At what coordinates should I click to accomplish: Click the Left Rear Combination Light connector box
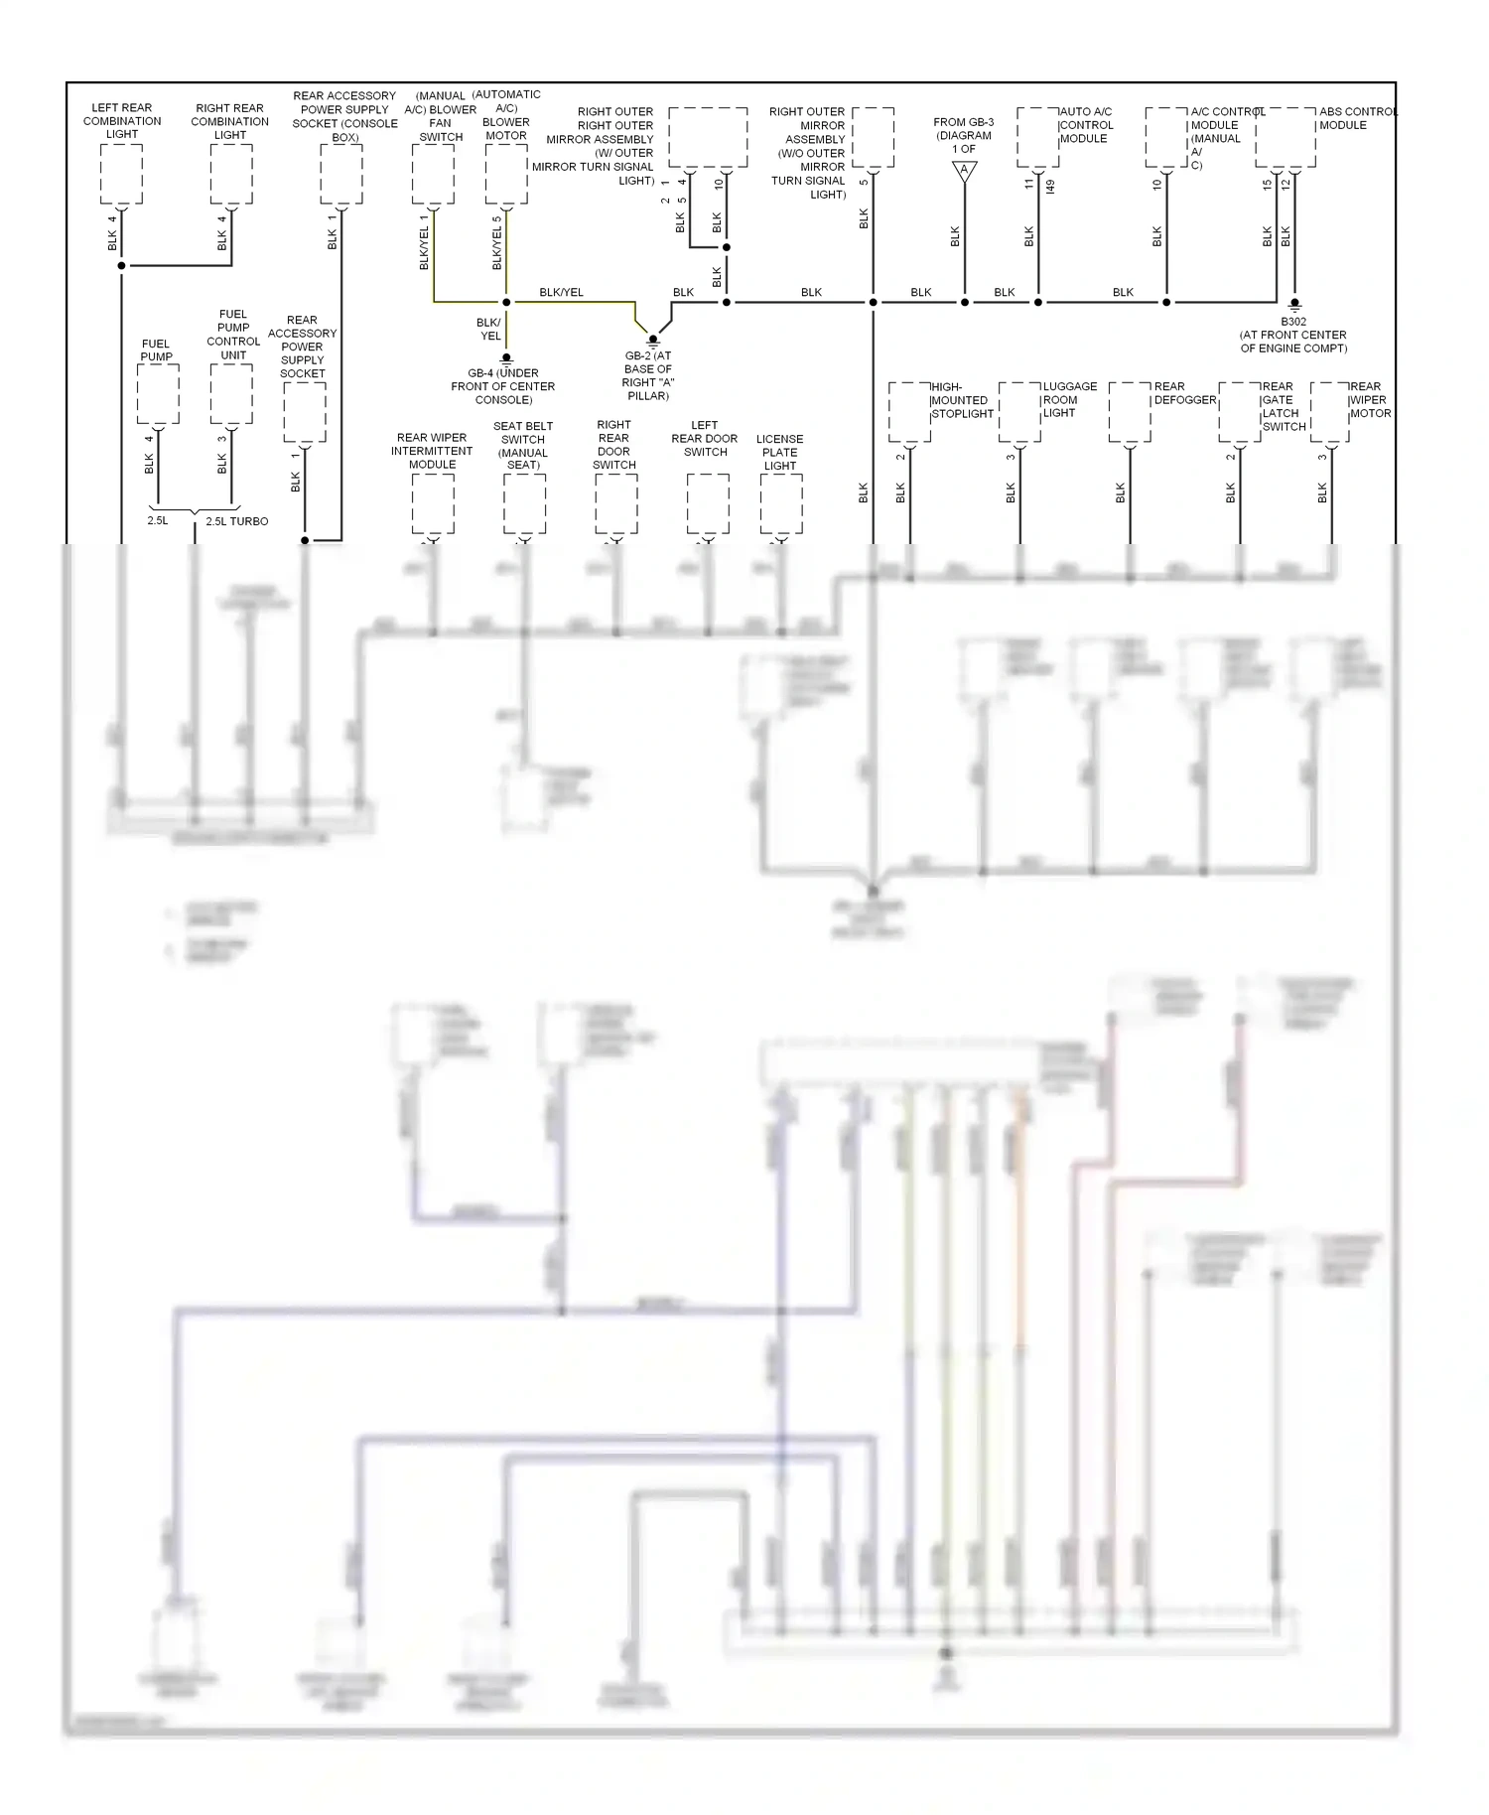122,175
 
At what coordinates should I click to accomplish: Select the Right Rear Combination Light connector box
231,175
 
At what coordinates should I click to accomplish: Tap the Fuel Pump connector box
158,394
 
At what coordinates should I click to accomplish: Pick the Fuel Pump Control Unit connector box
231,394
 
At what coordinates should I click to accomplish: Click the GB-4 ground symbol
506,358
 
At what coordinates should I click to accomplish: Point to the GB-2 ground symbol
653,342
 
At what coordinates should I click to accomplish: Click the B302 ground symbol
1294,306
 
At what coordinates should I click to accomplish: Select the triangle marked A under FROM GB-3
965,172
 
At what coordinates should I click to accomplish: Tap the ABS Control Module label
1357,118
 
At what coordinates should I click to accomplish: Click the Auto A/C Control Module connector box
1037,138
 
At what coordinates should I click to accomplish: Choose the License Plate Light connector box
781,504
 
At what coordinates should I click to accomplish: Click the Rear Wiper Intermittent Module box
433,504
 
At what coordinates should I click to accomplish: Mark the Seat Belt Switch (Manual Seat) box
524,504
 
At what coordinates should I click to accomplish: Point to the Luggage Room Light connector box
1019,412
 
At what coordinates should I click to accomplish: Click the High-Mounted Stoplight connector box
909,412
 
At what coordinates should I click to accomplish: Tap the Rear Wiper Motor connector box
1329,412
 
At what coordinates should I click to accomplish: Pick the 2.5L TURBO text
236,521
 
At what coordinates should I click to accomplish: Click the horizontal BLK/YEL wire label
561,292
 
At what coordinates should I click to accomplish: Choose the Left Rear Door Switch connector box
708,504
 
